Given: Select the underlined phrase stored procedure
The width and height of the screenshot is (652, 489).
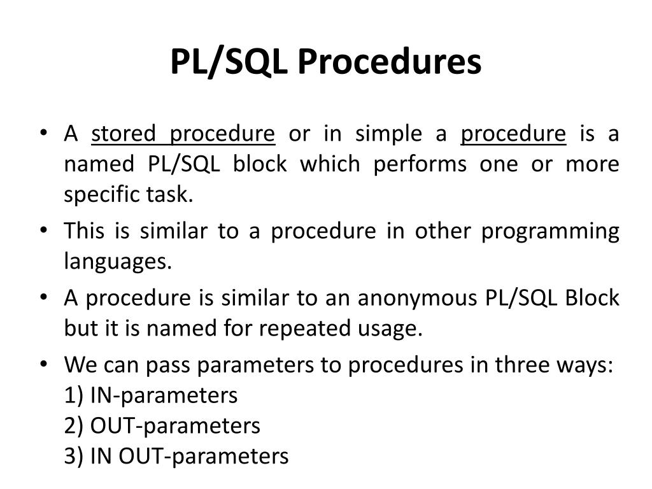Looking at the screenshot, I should click(183, 134).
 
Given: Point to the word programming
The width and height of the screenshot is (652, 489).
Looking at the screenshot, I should click(550, 232).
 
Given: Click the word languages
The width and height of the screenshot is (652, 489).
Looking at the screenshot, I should click(118, 262).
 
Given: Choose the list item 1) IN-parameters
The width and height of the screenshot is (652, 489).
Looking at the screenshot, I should click(151, 395).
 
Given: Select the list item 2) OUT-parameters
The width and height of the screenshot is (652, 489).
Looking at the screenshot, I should click(162, 425).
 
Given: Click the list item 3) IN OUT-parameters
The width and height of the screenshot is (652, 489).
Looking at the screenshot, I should click(176, 456).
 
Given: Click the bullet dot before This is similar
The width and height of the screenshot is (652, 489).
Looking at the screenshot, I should click(43, 230).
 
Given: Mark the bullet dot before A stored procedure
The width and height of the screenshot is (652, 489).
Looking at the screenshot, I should click(43, 133).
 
